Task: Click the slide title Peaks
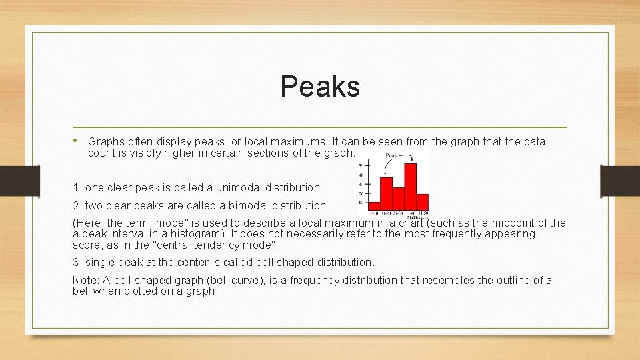tap(320, 86)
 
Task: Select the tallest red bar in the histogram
tap(410, 187)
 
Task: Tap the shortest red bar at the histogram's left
tap(374, 206)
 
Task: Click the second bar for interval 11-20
tap(386, 193)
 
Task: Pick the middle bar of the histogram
tap(398, 199)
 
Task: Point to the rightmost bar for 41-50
tap(422, 202)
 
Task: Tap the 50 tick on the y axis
tap(361, 165)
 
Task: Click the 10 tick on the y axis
tap(361, 202)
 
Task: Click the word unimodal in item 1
tap(223, 187)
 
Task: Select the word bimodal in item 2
tap(237, 205)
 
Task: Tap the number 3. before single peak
tap(77, 262)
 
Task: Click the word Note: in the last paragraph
tap(85, 280)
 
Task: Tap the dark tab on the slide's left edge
tap(11, 180)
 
